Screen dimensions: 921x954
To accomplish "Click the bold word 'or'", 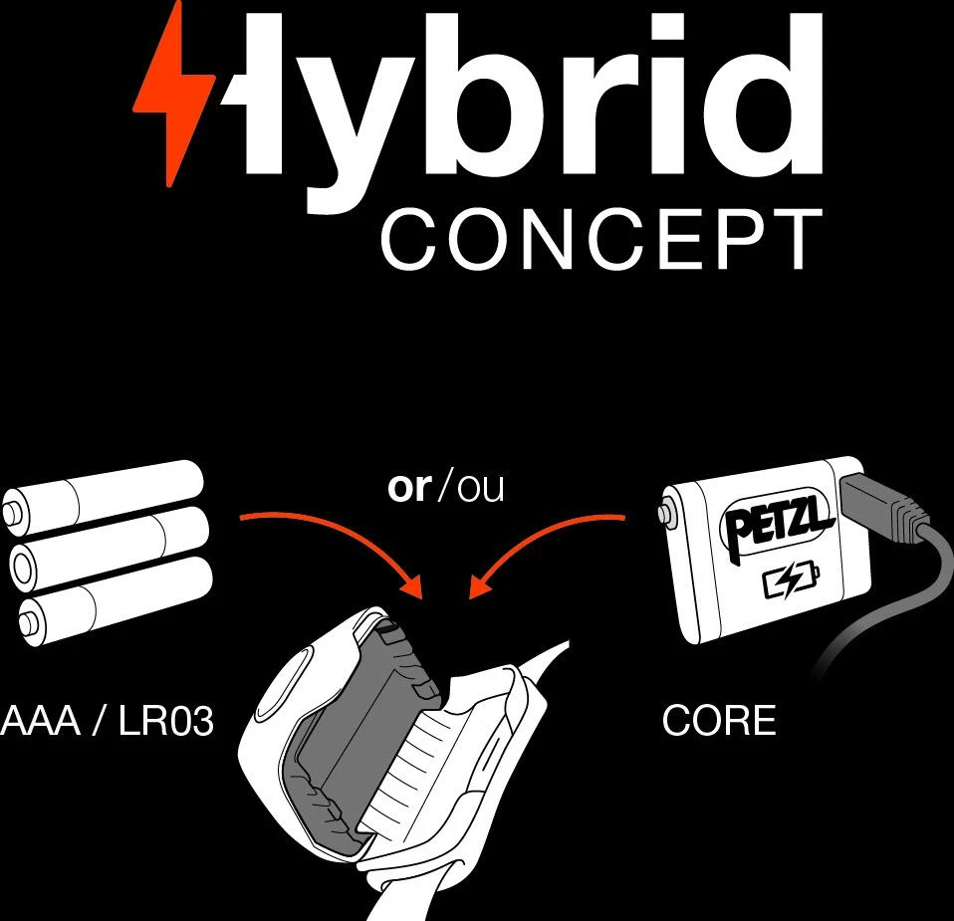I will [x=407, y=488].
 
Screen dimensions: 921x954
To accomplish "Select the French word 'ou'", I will [x=479, y=488].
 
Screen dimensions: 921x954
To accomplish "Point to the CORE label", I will [x=718, y=721].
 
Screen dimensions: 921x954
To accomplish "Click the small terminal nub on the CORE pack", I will [x=665, y=514].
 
